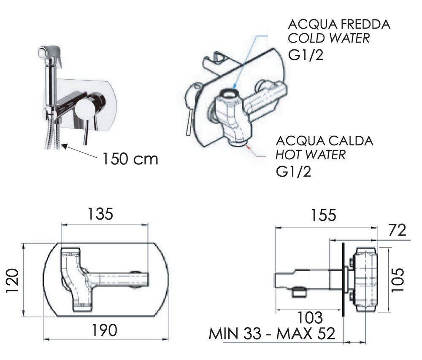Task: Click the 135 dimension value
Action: (x=101, y=214)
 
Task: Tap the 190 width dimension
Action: (x=104, y=330)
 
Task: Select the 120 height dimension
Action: (x=12, y=281)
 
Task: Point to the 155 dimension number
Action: (x=324, y=215)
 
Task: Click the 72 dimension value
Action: (x=398, y=230)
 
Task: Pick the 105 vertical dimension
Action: (x=398, y=279)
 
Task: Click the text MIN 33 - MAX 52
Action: (x=272, y=333)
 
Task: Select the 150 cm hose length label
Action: (x=130, y=159)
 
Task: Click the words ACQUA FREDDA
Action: (x=339, y=24)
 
